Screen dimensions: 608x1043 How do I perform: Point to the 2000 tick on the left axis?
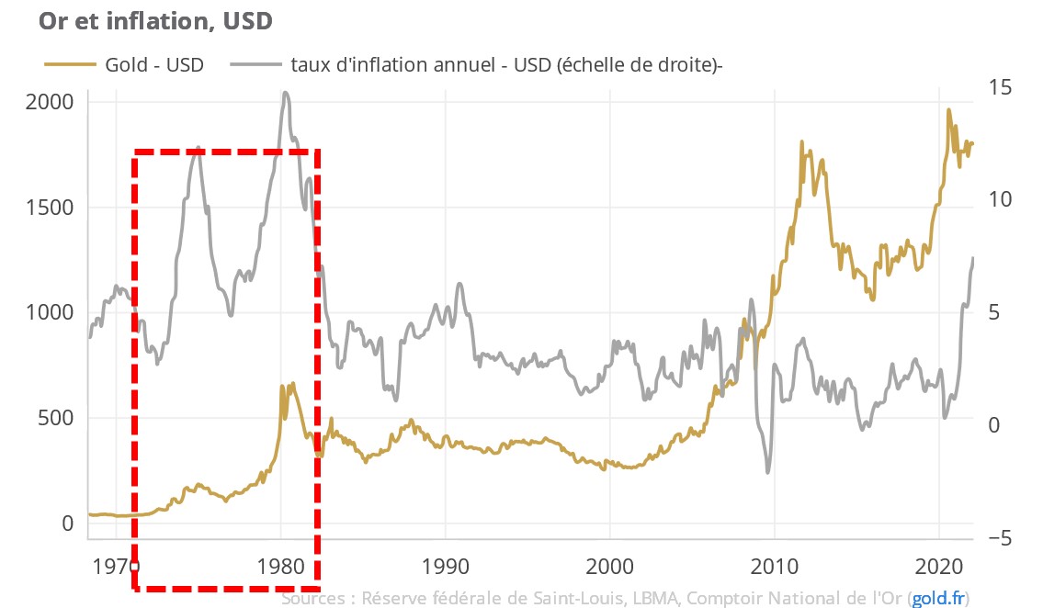point(49,102)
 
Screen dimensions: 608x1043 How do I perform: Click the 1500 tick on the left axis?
point(49,208)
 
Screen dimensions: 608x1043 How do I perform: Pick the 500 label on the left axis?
point(55,418)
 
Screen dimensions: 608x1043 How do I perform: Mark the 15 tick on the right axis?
point(999,87)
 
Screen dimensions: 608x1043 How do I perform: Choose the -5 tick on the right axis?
point(999,538)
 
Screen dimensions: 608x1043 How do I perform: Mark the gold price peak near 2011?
point(801,142)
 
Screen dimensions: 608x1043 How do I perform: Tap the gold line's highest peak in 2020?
point(948,109)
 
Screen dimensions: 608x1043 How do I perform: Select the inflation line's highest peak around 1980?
point(286,92)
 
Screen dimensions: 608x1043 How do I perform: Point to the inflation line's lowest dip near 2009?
point(767,473)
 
